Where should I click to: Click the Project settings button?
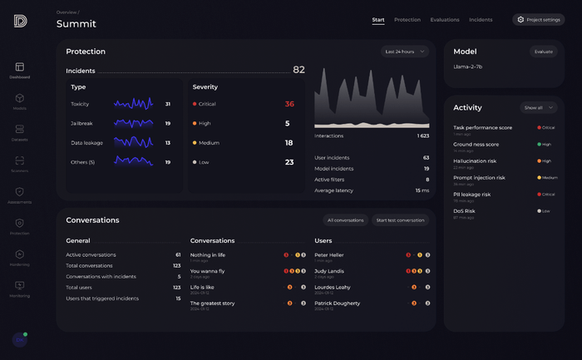click(x=539, y=20)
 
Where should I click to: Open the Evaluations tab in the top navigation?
click(x=445, y=20)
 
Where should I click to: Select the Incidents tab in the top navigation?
click(x=481, y=20)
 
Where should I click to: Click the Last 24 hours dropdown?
click(x=406, y=52)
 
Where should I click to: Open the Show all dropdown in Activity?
click(x=540, y=108)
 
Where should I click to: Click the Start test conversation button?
click(x=401, y=220)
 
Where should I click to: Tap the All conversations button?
click(x=346, y=220)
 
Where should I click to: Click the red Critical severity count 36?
click(x=289, y=104)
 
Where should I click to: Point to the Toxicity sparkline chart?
click(x=133, y=104)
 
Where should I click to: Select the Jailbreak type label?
click(x=81, y=123)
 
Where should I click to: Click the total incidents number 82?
click(x=298, y=71)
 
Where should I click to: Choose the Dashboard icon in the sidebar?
click(x=20, y=67)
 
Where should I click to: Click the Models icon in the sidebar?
click(x=20, y=99)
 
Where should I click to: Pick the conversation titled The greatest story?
click(x=213, y=303)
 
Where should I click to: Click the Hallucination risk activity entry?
click(x=475, y=160)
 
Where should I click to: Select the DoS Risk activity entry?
click(x=464, y=210)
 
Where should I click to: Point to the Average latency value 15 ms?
click(x=422, y=190)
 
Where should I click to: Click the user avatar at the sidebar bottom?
click(x=19, y=339)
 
